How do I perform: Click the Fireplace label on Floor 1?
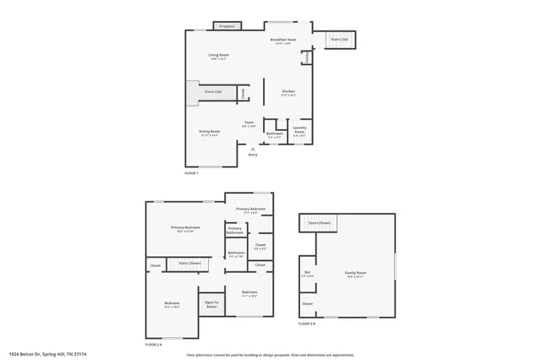click(x=227, y=27)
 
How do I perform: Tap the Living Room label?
click(x=219, y=57)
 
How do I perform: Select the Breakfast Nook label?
click(x=283, y=41)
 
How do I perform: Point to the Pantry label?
click(x=306, y=57)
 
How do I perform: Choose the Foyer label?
click(x=249, y=123)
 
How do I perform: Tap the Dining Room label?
click(x=209, y=132)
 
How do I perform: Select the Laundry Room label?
click(x=300, y=132)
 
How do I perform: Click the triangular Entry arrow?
click(x=252, y=148)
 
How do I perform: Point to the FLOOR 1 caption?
click(x=192, y=172)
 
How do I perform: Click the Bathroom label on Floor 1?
click(x=274, y=134)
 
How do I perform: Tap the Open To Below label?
click(x=211, y=304)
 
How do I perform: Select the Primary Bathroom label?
click(x=234, y=230)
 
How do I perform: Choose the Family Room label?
click(x=355, y=274)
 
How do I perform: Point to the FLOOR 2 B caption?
click(x=306, y=324)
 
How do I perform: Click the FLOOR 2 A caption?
click(x=153, y=344)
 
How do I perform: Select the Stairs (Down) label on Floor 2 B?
click(x=320, y=223)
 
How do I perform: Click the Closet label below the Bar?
click(x=307, y=303)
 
